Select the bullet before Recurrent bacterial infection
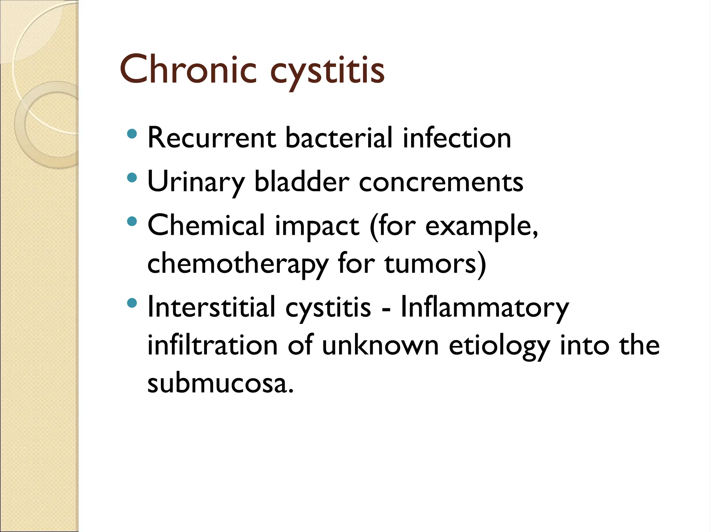[132, 134]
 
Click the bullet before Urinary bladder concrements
[132, 178]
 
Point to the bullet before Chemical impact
[132, 221]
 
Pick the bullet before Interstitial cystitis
[132, 303]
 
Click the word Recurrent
[211, 138]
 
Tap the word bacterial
[339, 138]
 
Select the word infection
[457, 138]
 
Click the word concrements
[441, 182]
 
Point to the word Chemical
[206, 225]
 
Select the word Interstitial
[211, 307]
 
